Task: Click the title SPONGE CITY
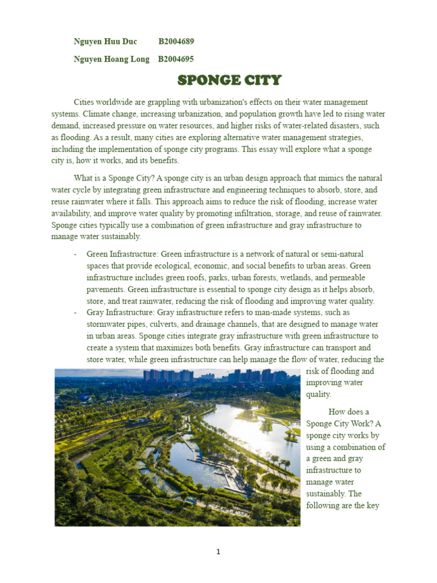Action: [229, 80]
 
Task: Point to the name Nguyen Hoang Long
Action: [112, 59]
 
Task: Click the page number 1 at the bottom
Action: [218, 551]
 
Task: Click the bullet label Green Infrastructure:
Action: [123, 254]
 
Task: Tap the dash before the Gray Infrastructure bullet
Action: [76, 313]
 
